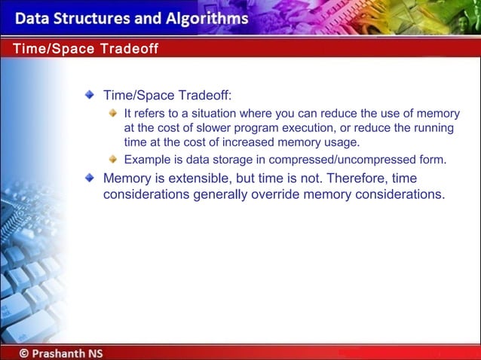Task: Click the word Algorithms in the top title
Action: (x=204, y=18)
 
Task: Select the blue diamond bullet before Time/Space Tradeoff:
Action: (x=90, y=96)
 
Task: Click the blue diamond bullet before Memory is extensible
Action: (x=90, y=178)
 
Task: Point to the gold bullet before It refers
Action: (x=113, y=114)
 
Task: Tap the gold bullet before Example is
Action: (x=113, y=160)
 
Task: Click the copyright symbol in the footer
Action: (x=25, y=352)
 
